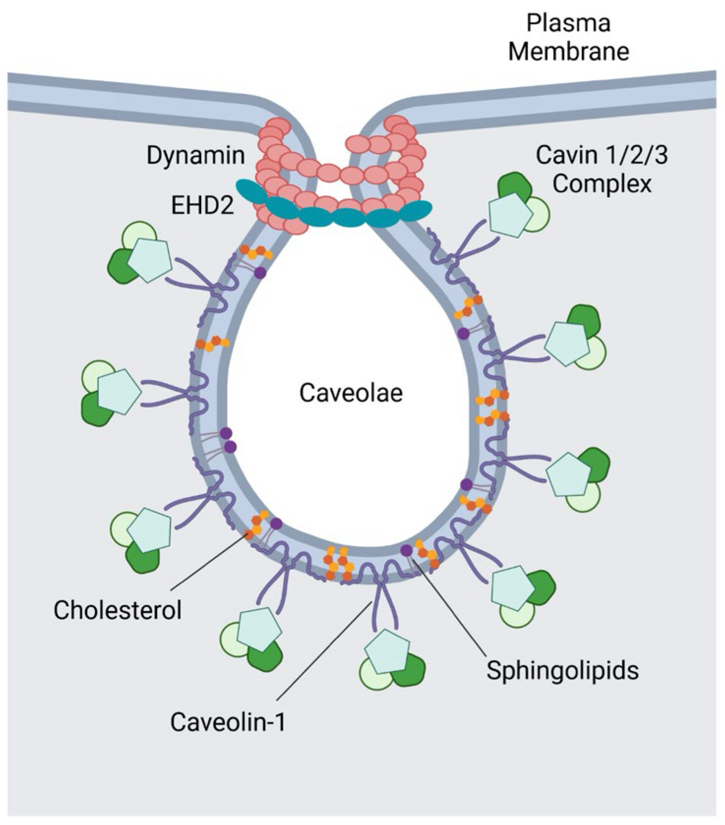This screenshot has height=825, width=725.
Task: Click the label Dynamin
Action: coord(195,155)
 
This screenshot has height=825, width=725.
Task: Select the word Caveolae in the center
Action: coord(351,393)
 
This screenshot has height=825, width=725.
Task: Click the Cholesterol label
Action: coord(117,610)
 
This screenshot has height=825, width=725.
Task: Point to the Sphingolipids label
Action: coord(562,670)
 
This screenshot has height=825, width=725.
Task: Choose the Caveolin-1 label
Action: coord(227,722)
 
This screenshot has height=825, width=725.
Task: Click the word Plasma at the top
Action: coord(568,23)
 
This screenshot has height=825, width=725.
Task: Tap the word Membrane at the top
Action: coord(568,51)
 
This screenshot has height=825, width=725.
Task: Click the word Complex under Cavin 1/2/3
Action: coord(601,184)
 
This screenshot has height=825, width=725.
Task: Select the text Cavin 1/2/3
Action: coord(601,155)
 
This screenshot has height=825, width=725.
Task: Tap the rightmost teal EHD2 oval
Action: coord(414,211)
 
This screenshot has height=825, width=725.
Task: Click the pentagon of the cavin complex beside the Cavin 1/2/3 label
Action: coord(510,215)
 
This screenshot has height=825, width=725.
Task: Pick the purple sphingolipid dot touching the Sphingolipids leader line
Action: coord(407,550)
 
